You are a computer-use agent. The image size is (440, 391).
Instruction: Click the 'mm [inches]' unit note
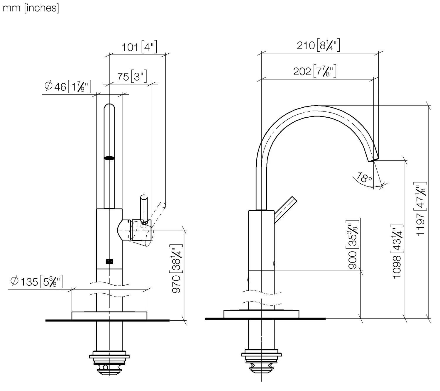click(x=31, y=8)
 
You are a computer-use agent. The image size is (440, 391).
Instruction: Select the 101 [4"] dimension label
click(x=139, y=47)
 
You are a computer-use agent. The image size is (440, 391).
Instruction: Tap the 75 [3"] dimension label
click(x=132, y=76)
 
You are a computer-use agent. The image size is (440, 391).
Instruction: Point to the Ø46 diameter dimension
click(x=68, y=87)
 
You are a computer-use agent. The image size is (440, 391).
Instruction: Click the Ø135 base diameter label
click(x=37, y=282)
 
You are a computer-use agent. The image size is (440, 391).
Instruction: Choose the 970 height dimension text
click(x=176, y=269)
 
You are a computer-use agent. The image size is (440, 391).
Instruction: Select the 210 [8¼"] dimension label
click(x=318, y=45)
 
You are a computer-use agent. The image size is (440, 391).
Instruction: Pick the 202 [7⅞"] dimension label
click(x=315, y=71)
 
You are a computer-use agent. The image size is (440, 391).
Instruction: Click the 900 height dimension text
click(x=353, y=244)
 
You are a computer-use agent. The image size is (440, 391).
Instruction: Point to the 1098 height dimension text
click(x=397, y=251)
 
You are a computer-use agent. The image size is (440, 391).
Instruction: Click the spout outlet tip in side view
click(x=373, y=160)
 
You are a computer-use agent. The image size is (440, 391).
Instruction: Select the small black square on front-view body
click(x=109, y=262)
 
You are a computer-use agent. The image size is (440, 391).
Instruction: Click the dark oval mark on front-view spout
click(x=109, y=158)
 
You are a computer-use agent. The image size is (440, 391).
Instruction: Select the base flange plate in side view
click(x=261, y=314)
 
